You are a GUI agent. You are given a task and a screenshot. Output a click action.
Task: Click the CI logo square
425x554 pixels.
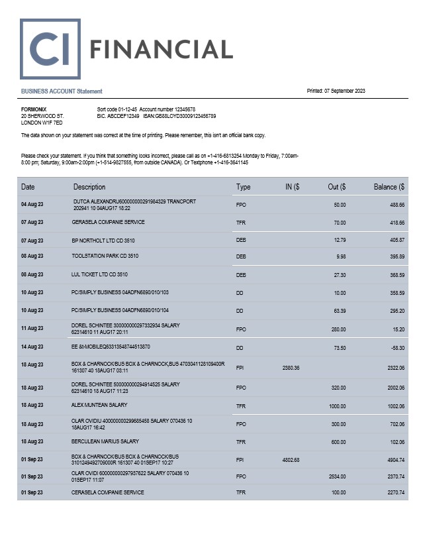pyautogui.click(x=50, y=49)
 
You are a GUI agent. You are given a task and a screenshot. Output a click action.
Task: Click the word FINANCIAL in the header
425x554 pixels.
pyautogui.click(x=161, y=49)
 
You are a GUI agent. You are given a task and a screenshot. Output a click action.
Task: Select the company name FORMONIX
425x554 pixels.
pyautogui.click(x=34, y=109)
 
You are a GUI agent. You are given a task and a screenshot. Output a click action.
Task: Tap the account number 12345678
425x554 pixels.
pyautogui.click(x=181, y=109)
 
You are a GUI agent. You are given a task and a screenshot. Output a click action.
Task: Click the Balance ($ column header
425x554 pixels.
pyautogui.click(x=389, y=187)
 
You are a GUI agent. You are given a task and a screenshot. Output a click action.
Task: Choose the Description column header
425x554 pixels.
pyautogui.click(x=89, y=187)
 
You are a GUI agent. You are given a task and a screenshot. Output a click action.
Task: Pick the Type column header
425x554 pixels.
pyautogui.click(x=243, y=187)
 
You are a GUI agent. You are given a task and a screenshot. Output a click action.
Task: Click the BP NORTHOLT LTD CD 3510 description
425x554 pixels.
pyautogui.click(x=103, y=240)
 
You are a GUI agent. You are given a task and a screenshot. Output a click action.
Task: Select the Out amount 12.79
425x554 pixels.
pyautogui.click(x=340, y=240)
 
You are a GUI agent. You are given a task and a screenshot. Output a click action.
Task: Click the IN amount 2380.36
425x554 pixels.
pyautogui.click(x=291, y=368)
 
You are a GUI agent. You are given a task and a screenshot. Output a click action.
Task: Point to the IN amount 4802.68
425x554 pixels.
pyautogui.click(x=291, y=460)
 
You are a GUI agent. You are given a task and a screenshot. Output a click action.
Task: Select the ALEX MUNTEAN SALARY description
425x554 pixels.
pyautogui.click(x=99, y=405)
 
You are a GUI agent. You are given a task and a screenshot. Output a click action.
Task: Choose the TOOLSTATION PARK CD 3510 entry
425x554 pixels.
pyautogui.click(x=105, y=256)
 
